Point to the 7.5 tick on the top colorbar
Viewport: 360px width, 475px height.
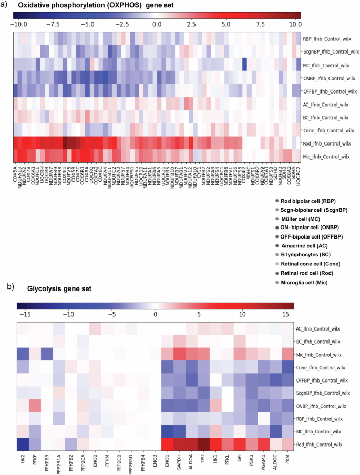(x=261, y=24)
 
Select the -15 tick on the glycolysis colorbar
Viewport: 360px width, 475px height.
(x=24, y=314)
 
